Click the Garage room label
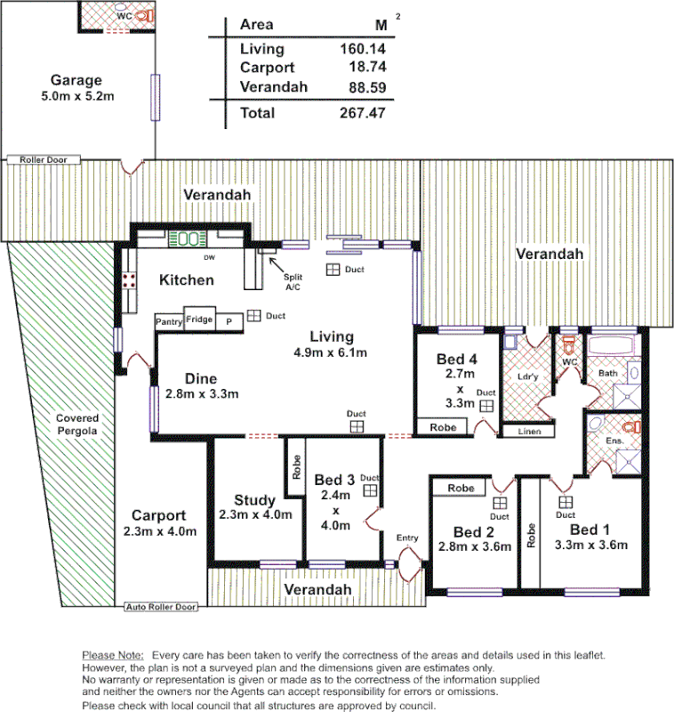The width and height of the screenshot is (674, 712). (x=76, y=79)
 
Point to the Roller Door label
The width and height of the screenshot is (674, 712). (x=44, y=160)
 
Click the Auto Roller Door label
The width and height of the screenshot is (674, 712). (x=161, y=607)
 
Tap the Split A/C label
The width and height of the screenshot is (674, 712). (x=293, y=282)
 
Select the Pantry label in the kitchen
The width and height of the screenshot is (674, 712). (x=169, y=321)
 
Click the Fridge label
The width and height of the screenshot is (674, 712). (x=199, y=319)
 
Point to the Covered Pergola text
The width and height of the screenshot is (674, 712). (x=77, y=424)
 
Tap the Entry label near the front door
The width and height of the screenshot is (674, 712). (x=407, y=538)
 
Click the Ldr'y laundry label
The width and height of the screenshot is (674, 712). (x=527, y=376)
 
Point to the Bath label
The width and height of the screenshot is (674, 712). (x=607, y=373)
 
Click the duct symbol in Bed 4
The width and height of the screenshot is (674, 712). (x=486, y=406)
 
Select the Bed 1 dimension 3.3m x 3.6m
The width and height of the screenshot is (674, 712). (x=590, y=546)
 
